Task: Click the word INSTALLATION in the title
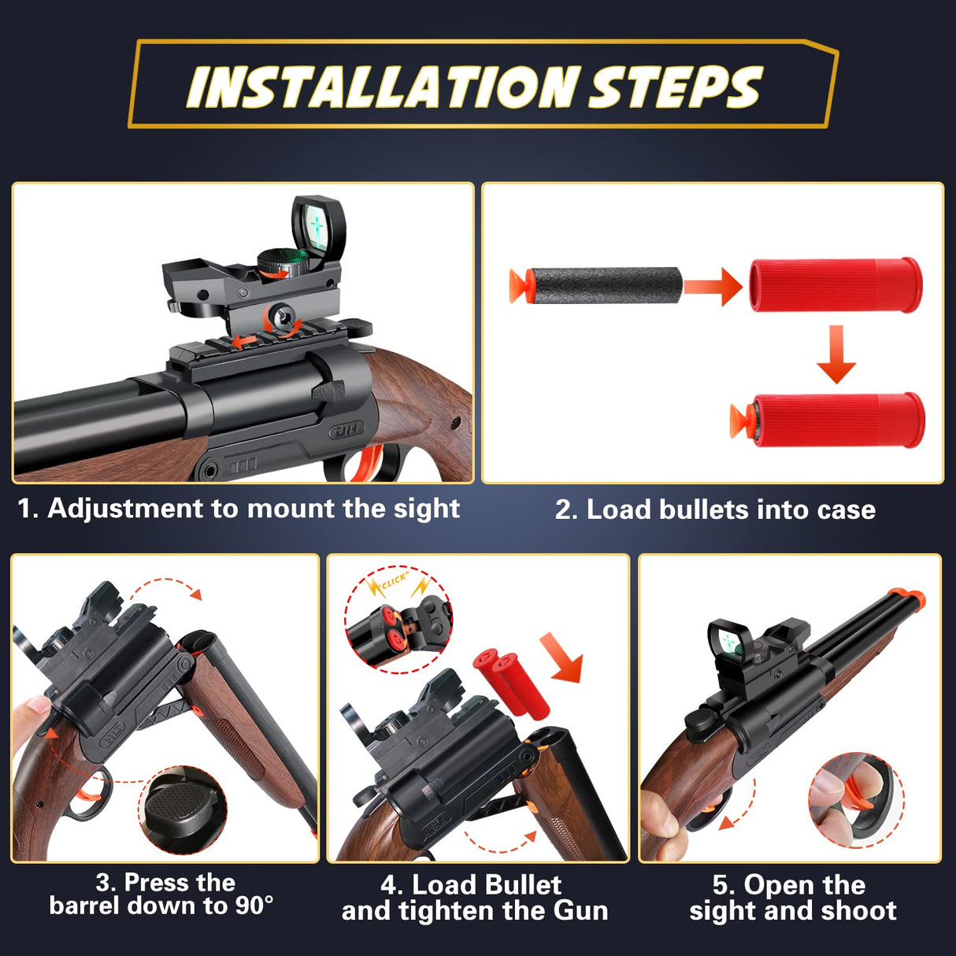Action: [x=384, y=87]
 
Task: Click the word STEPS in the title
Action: [x=676, y=87]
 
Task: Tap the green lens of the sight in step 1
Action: [x=318, y=226]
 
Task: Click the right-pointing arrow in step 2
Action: [x=713, y=286]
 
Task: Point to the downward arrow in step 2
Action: [x=836, y=354]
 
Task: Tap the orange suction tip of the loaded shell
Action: [x=740, y=418]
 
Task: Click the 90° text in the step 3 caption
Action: [x=254, y=906]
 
